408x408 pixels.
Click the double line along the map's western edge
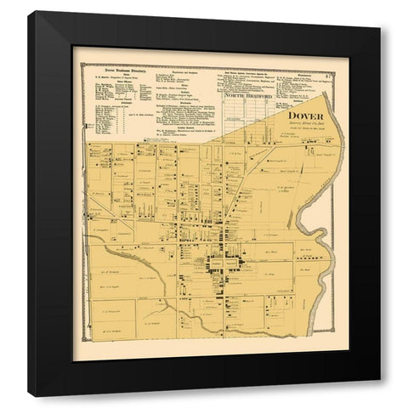pyautogui.click(x=85, y=255)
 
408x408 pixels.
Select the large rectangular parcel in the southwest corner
pyautogui.click(x=110, y=327)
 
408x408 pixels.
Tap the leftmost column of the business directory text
pyautogui.click(x=102, y=106)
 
